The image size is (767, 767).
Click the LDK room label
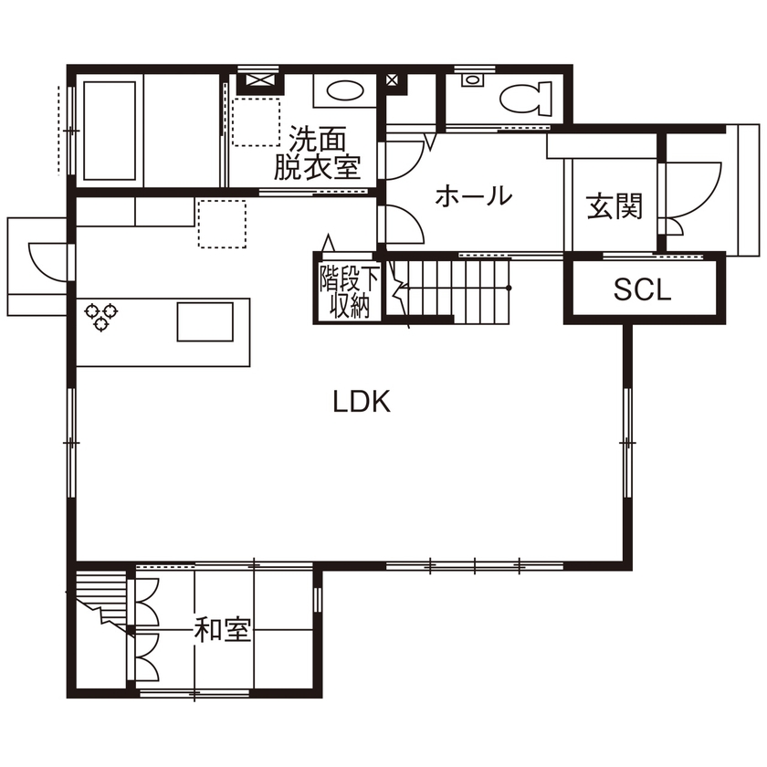362,402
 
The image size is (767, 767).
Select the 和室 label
224,629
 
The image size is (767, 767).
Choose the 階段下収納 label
344,291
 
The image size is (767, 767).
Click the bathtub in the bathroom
110,129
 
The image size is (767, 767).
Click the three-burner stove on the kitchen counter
101,315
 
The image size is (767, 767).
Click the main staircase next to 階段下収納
452,289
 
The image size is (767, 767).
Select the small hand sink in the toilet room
471,80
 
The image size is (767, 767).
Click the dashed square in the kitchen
222,225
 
